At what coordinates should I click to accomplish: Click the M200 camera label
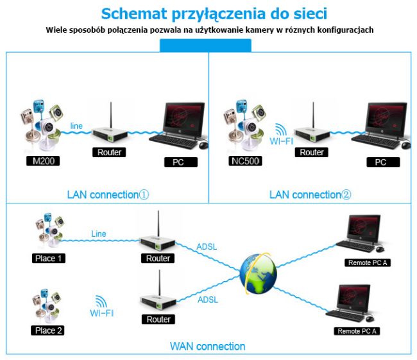tap(41, 160)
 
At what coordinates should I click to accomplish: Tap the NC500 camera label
tap(245, 160)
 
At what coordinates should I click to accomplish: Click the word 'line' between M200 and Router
tap(76, 124)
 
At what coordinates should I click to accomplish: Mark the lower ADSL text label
tap(208, 300)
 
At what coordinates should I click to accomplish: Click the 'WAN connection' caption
tap(207, 347)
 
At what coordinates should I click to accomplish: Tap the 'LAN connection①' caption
tap(108, 194)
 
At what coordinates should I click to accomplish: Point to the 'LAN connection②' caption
tap(311, 194)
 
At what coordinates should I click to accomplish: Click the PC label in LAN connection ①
tap(178, 162)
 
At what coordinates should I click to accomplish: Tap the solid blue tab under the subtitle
tap(205, 45)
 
